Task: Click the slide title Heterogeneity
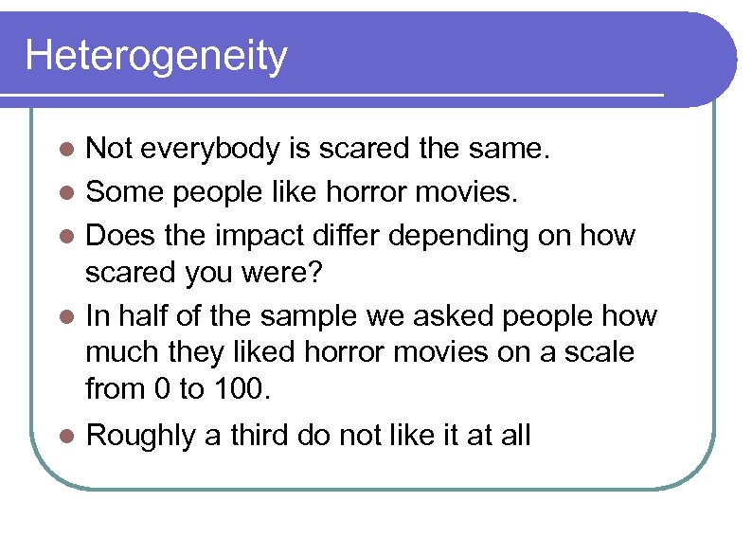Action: coord(155,56)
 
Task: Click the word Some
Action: coord(119,192)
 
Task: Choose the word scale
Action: coord(596,352)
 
